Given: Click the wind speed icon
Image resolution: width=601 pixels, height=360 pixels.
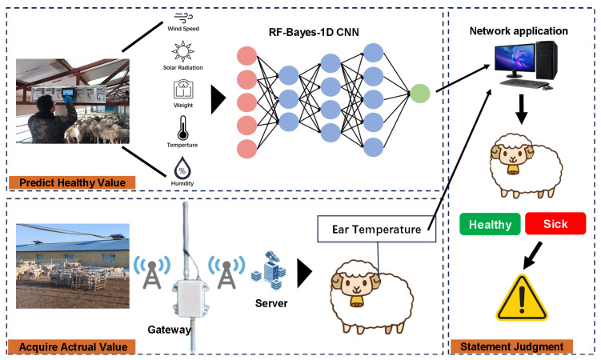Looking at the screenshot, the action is [183, 18].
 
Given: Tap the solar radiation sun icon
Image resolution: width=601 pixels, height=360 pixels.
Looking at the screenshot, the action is [182, 51].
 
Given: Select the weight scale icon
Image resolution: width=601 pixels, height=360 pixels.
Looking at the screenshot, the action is [183, 90].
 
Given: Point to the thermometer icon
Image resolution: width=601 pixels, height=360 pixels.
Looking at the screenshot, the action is [182, 128].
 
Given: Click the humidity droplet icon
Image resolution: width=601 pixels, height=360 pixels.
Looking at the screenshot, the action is [182, 168].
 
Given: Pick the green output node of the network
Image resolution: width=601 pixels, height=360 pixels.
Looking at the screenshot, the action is [419, 93].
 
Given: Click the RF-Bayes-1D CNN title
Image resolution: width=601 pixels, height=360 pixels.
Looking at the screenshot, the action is [314, 32].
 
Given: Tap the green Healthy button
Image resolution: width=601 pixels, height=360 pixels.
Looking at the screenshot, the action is [490, 224].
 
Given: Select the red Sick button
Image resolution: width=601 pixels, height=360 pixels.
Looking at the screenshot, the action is [555, 223].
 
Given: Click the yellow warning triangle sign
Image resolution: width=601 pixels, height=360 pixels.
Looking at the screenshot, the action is [522, 298].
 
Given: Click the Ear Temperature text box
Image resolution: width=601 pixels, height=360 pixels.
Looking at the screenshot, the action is [376, 229].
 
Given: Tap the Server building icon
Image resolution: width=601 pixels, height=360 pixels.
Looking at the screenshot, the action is [269, 270].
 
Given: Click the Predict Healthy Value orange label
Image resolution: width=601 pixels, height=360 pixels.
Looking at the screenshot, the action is [72, 182].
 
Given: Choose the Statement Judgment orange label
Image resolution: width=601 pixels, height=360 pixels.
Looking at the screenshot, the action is [511, 346].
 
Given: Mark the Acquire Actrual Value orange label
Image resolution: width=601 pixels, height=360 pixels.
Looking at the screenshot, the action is [72, 347].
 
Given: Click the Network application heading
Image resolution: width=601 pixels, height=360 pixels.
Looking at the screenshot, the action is [519, 31].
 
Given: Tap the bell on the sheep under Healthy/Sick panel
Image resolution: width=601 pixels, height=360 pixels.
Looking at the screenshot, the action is [511, 169].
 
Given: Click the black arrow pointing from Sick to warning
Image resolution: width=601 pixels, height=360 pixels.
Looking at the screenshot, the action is [532, 255].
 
